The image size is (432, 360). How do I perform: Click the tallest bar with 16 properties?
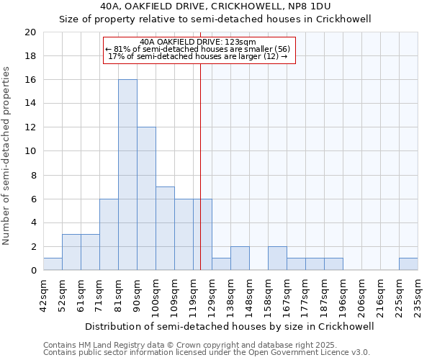[127, 175]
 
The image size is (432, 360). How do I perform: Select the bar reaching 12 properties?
[146, 199]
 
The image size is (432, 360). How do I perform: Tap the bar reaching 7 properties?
[165, 228]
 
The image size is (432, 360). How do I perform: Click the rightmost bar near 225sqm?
[408, 264]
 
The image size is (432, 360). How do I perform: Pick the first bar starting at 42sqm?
[53, 264]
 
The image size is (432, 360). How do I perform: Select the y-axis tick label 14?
[30, 104]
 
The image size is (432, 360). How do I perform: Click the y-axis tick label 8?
[33, 175]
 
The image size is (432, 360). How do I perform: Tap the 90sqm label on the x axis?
[137, 294]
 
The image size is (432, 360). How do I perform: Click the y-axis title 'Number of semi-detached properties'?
[7, 156]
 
